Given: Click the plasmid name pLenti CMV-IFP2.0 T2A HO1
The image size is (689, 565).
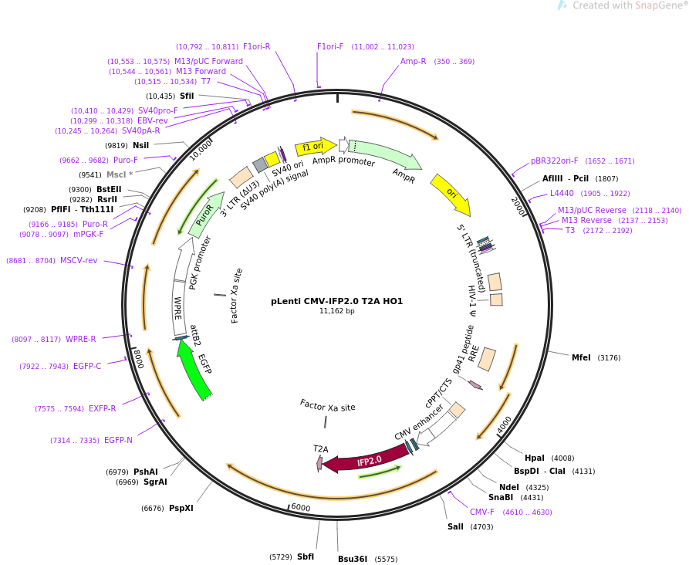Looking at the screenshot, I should coord(336,301).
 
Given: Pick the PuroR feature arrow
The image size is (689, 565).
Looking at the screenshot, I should coord(204,214).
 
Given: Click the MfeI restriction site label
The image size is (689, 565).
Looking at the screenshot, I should coord(581,357).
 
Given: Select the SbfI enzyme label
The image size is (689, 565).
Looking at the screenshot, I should coord(306,557).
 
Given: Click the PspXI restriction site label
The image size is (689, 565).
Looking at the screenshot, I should coord(181,508).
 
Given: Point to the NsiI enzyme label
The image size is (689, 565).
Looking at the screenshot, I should coord(141,145).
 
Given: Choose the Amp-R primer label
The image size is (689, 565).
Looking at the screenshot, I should coord(413,61).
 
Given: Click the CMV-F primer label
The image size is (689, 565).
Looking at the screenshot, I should coord(482,512).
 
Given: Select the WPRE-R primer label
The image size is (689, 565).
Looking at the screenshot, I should coord(81,339).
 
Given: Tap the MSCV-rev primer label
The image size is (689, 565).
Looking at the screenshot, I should coord(79,260).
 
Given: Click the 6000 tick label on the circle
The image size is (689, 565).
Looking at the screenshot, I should coord(300,508).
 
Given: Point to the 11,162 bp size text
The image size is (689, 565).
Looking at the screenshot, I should coord(336,311).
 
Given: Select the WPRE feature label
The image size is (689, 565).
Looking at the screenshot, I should coord(177,308).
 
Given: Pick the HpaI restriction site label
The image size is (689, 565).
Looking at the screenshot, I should coord(534,458).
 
